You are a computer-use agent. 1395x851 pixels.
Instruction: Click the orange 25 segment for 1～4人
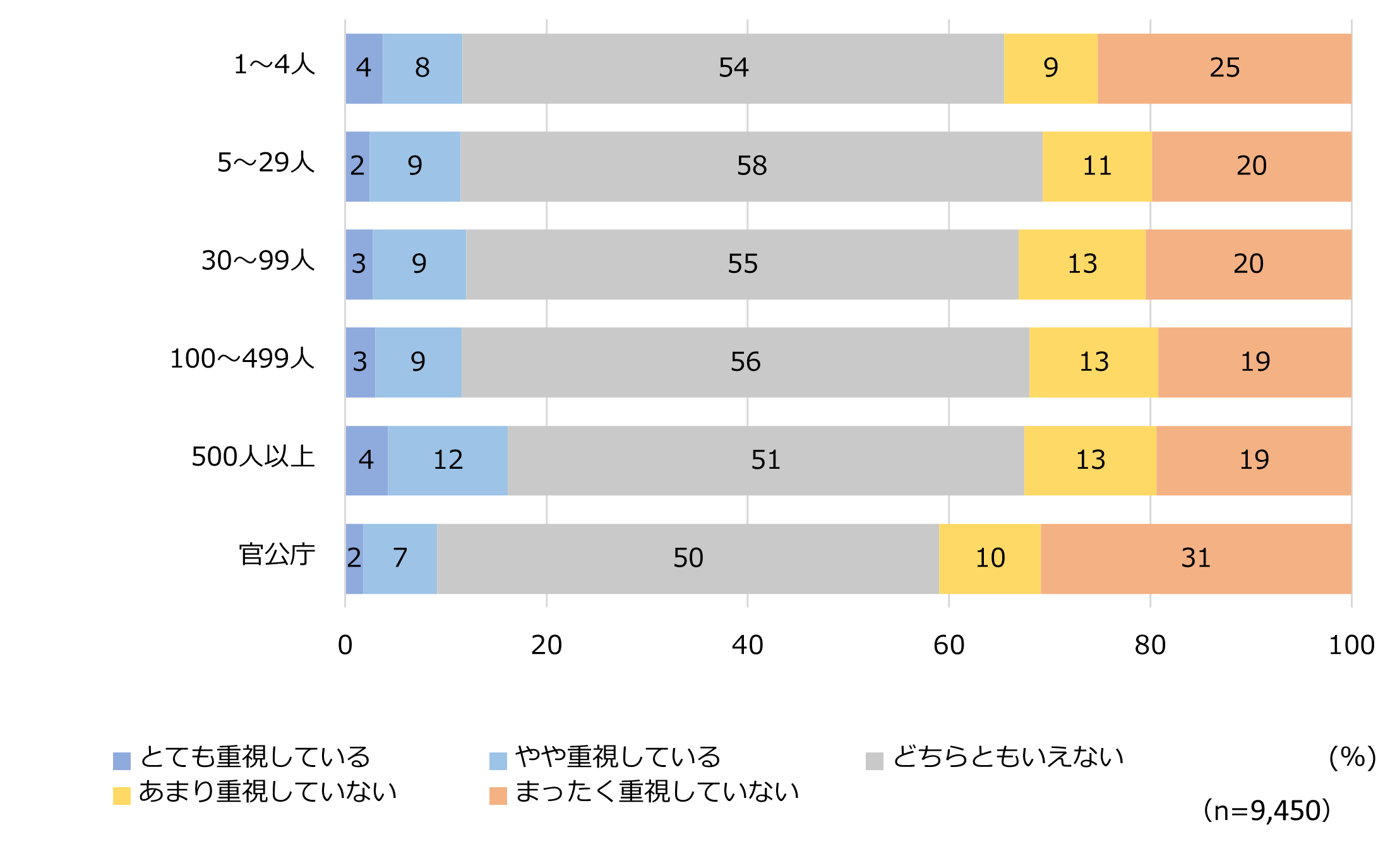coord(1224,68)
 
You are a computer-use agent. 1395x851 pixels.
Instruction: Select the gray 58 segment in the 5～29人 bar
coord(751,166)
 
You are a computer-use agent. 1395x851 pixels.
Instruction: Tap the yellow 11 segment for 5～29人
coord(1096,166)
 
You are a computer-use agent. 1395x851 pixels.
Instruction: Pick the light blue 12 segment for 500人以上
coord(447,460)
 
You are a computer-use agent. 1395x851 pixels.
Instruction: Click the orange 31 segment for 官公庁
coord(1195,558)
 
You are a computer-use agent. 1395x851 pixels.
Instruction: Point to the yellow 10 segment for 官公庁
coord(990,558)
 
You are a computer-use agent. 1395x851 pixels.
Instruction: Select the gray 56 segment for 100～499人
coord(745,362)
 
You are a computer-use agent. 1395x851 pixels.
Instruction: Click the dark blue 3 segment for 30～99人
coord(359,264)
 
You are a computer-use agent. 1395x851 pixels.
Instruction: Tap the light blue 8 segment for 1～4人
coord(422,68)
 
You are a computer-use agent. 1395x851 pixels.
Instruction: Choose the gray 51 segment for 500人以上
coord(765,460)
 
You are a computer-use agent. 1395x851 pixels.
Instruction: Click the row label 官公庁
coord(277,555)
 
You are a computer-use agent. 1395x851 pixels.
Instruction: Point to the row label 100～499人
coord(242,359)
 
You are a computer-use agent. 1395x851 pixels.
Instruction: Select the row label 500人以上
coord(253,457)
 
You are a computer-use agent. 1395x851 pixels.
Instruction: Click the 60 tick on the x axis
coord(949,645)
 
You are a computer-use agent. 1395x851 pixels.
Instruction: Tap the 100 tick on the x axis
coord(1351,645)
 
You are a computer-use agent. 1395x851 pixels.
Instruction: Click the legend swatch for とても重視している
coord(122,761)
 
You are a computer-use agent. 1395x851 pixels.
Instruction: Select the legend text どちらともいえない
coord(1008,757)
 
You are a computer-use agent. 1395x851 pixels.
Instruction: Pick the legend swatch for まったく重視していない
coord(498,795)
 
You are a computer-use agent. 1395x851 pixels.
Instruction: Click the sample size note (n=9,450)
coord(1267,811)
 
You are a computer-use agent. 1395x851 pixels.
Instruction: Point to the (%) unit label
coord(1353,757)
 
